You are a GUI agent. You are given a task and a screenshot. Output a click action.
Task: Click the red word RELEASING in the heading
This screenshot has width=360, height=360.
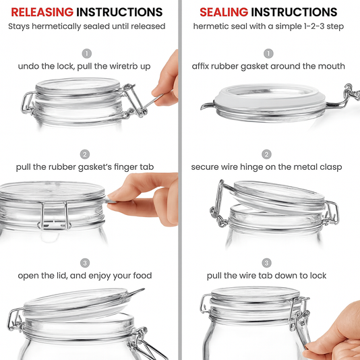42,12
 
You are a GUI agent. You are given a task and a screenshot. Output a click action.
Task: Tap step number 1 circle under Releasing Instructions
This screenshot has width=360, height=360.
86,53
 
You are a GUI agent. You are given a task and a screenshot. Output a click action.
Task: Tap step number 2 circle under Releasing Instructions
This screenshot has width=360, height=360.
86,154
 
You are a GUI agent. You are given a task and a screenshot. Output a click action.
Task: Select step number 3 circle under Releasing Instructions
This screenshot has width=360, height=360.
86,262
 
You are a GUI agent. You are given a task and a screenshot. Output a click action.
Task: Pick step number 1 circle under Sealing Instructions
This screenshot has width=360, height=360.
268,53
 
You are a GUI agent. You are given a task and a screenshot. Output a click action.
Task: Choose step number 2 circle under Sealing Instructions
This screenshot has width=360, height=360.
267,154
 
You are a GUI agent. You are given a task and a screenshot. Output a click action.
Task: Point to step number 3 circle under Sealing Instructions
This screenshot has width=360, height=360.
267,262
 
